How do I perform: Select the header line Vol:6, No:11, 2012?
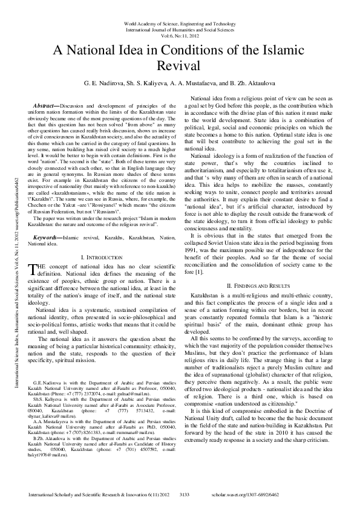(180, 35)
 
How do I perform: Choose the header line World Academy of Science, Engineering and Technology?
(180, 23)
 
